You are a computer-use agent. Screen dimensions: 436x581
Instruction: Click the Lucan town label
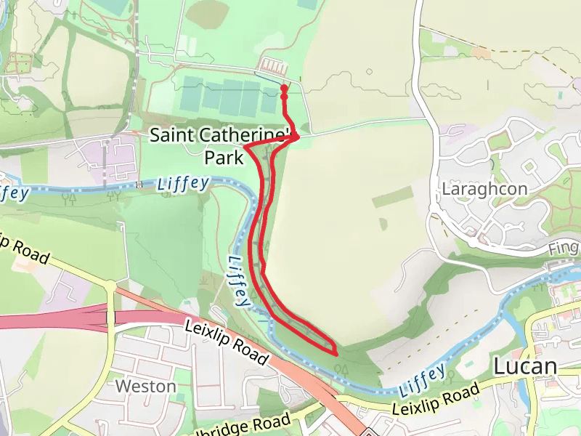524,367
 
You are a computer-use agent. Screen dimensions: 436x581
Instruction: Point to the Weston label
145,386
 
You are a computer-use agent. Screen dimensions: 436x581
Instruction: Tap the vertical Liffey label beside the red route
239,280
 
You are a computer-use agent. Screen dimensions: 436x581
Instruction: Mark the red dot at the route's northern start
283,89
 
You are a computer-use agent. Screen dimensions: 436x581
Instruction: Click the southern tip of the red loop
336,353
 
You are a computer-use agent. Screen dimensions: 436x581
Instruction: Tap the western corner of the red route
245,148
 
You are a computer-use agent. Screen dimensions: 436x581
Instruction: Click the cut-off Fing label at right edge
564,249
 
